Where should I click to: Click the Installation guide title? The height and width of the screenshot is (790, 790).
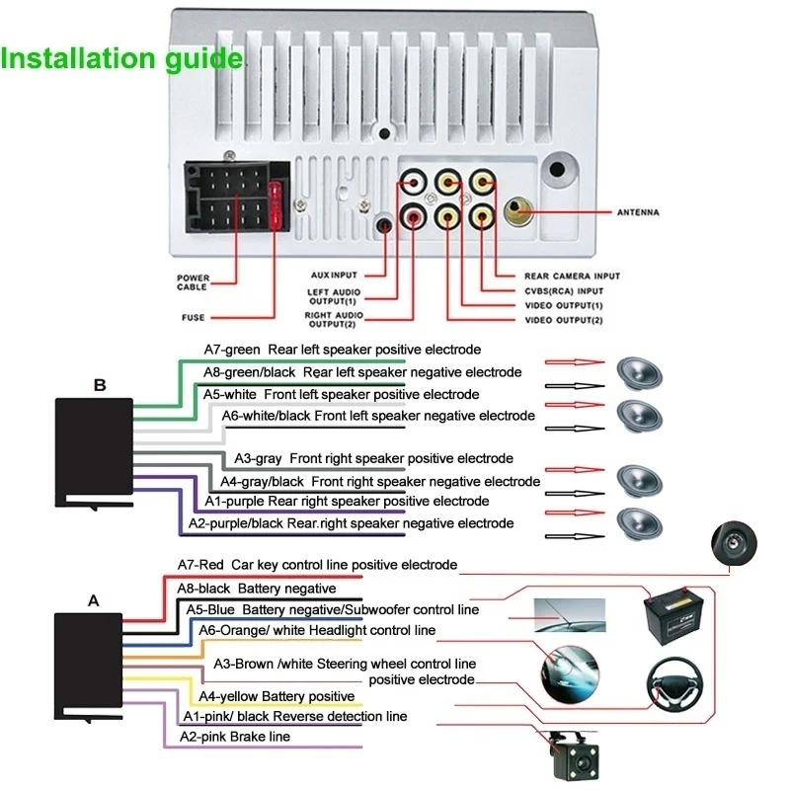(x=121, y=58)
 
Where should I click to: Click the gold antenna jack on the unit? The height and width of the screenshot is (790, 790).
(x=517, y=208)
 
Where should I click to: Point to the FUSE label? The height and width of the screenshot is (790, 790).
(x=193, y=317)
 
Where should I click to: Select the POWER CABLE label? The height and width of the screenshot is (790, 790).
(x=193, y=282)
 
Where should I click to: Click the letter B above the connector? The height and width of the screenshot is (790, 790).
(x=99, y=385)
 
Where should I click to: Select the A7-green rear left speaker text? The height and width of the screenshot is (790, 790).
(x=342, y=350)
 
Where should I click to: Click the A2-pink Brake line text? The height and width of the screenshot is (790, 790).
(x=235, y=736)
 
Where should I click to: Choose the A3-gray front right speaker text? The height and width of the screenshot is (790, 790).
(x=373, y=458)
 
